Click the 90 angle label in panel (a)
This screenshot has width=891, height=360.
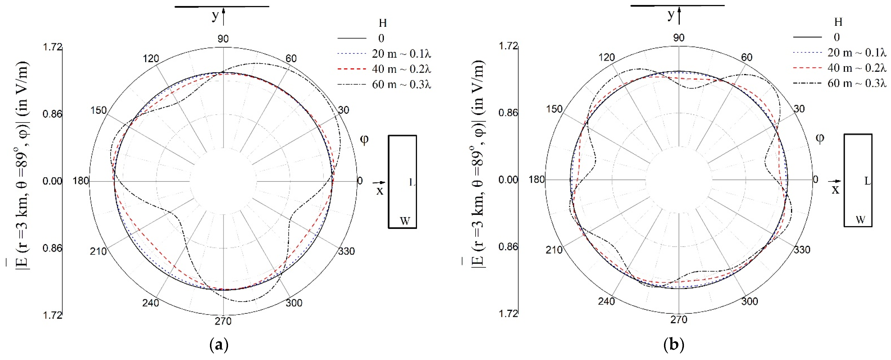pyautogui.click(x=223, y=39)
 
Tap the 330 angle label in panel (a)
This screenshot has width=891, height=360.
pyautogui.click(x=346, y=251)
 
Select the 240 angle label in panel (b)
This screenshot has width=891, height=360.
pyautogui.click(x=606, y=301)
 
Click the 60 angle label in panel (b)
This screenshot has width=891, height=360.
pyautogui.click(x=747, y=57)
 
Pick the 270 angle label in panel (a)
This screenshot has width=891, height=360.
pyautogui.click(x=223, y=321)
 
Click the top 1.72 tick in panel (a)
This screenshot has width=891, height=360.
pyautogui.click(x=52, y=47)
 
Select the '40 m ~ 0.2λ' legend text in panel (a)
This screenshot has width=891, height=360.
pyautogui.click(x=401, y=69)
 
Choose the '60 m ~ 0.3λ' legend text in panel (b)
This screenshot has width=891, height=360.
pyautogui.click(x=857, y=83)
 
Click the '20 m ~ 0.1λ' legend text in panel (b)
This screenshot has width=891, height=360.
pyautogui.click(x=857, y=52)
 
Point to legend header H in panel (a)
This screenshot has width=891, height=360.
pyautogui.click(x=383, y=23)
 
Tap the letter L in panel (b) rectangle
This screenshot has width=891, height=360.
pyautogui.click(x=867, y=181)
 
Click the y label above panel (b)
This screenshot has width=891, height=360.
pyautogui.click(x=671, y=15)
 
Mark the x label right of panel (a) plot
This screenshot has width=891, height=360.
pyautogui.click(x=380, y=191)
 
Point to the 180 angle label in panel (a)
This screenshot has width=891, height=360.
pyautogui.click(x=81, y=181)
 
